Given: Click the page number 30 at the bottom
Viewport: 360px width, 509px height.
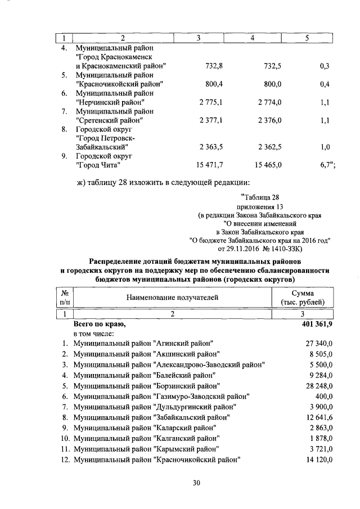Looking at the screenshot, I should coord(181,483).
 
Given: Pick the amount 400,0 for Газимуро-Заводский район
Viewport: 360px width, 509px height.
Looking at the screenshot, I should coord(323,395).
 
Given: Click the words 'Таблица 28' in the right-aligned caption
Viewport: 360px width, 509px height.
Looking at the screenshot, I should coord(259,197).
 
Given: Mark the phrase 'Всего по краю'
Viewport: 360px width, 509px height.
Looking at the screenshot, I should coord(100,325).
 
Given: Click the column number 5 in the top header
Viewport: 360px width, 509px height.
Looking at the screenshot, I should coord(307,38).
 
